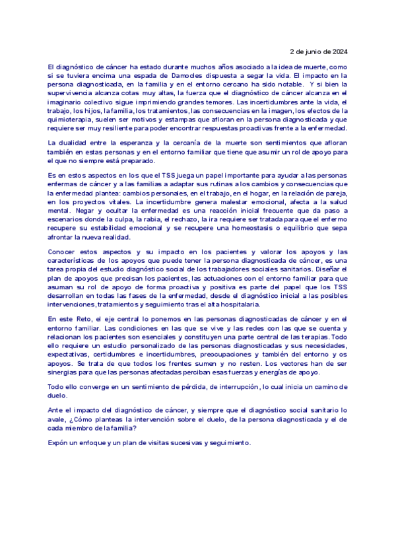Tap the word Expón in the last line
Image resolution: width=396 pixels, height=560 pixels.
(x=58, y=442)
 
